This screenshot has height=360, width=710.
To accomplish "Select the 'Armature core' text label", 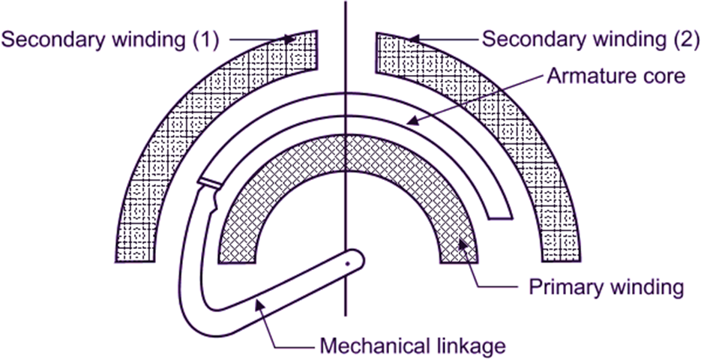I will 616,76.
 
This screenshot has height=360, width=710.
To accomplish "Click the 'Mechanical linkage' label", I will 413,346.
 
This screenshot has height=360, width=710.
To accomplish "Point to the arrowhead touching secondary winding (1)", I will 289,37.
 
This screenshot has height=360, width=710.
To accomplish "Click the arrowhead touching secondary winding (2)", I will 415,37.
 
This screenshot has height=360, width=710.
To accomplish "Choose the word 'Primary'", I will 563,287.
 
